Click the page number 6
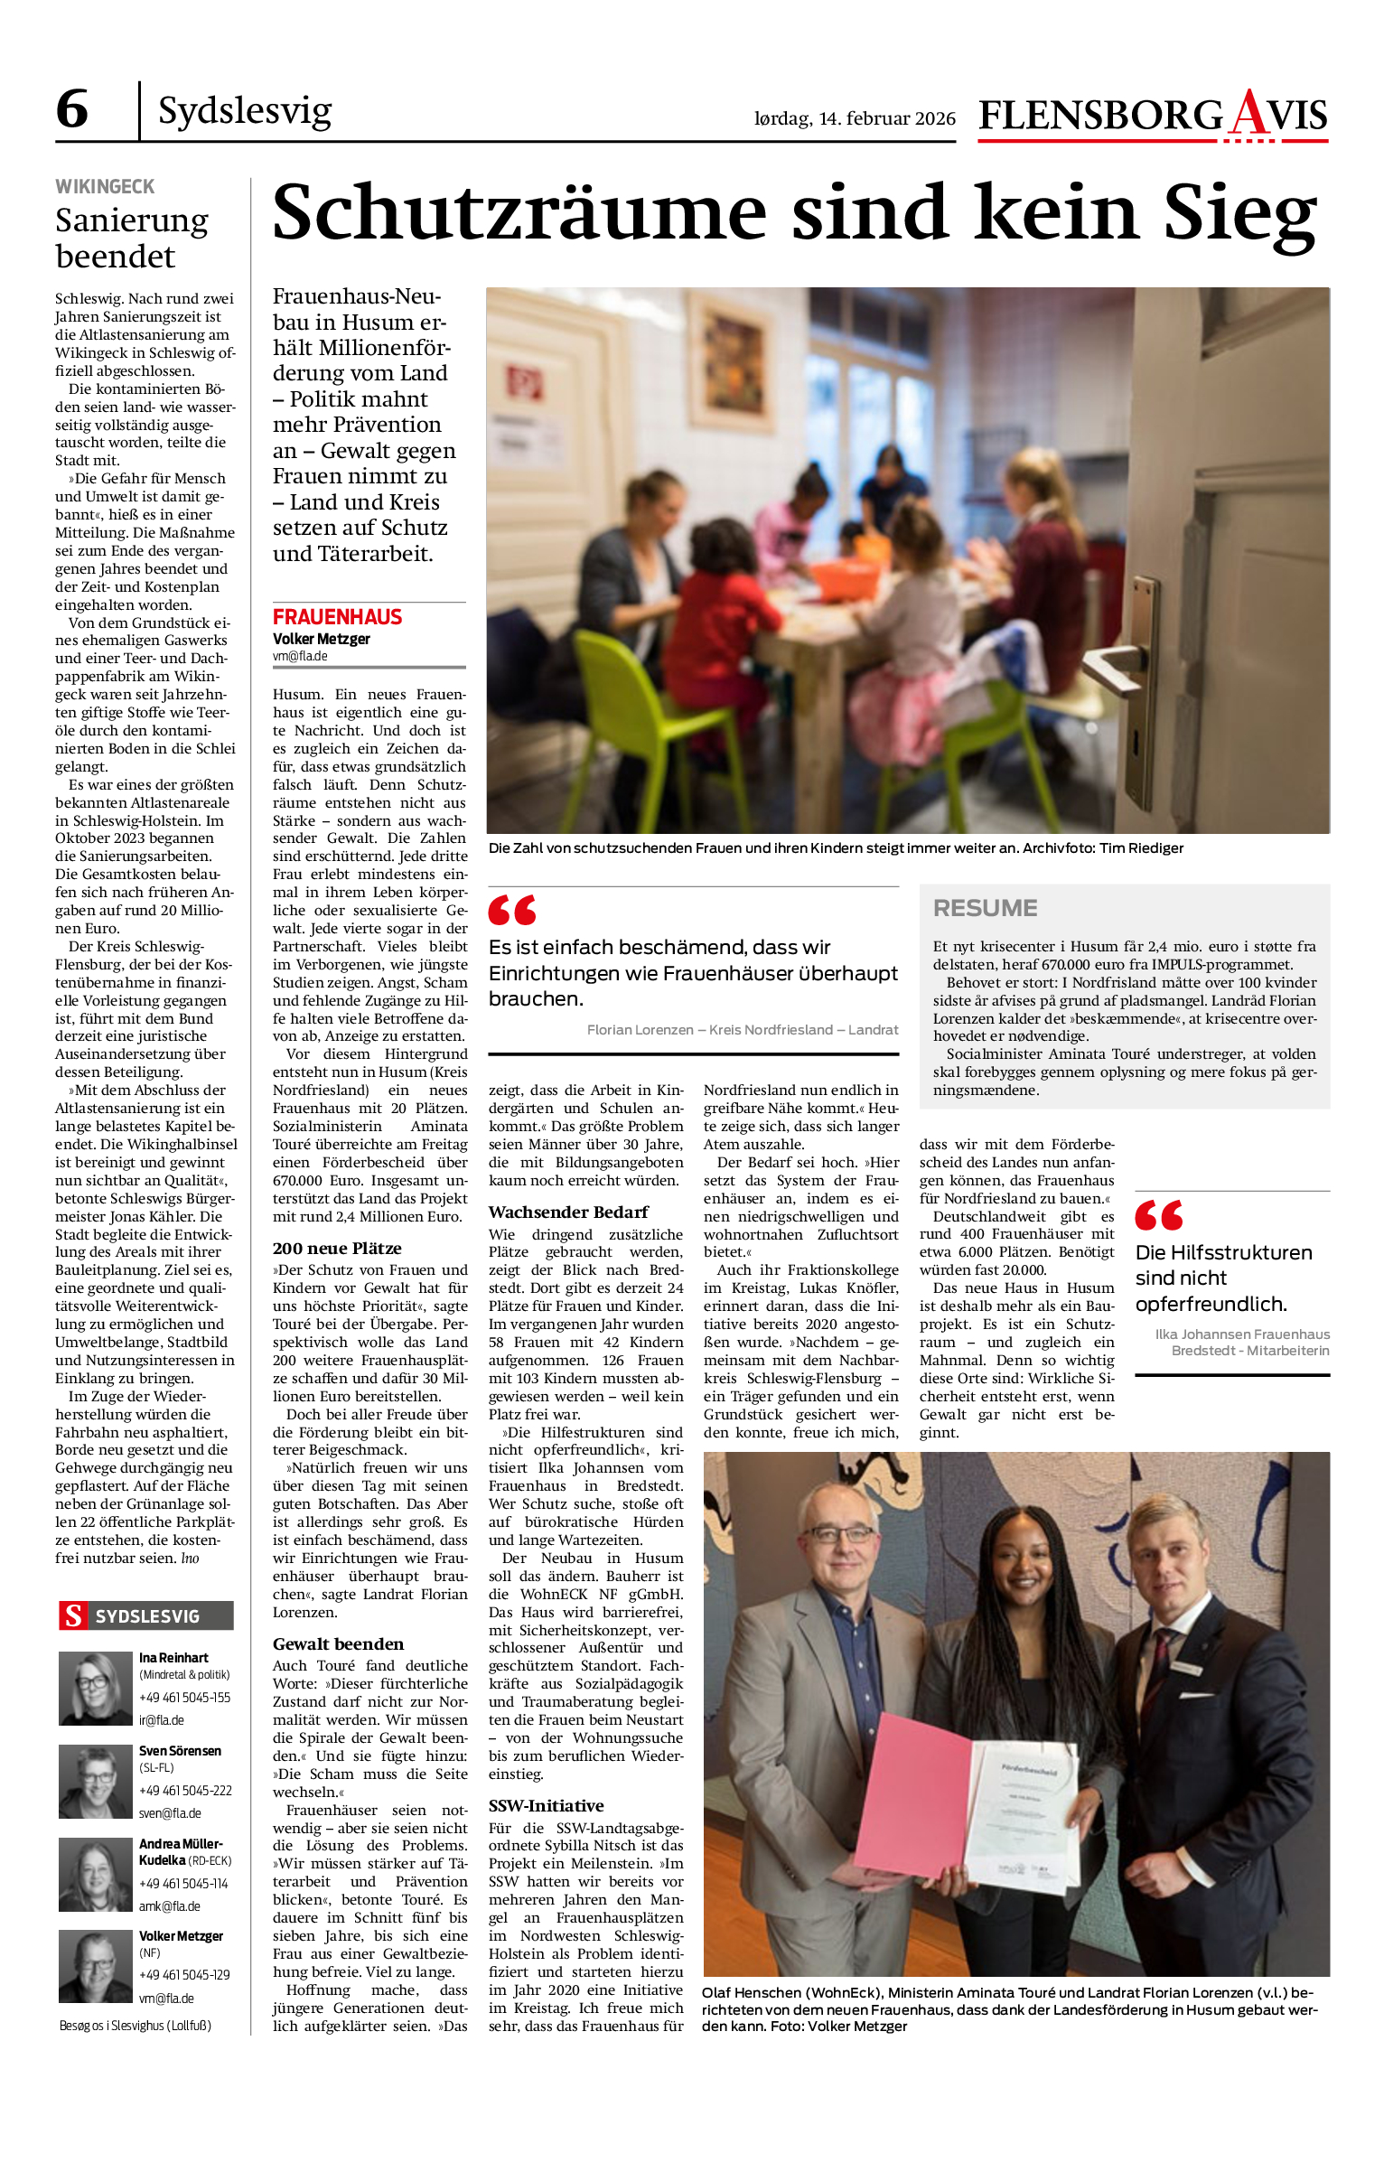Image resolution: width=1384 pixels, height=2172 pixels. click(72, 109)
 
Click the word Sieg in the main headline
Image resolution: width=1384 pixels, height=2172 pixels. click(1239, 213)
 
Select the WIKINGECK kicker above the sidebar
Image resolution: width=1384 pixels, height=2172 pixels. click(105, 187)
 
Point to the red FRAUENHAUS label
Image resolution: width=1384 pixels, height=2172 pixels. click(337, 617)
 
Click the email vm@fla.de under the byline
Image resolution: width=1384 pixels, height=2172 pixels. click(300, 657)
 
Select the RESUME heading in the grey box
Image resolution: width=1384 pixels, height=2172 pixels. click(985, 908)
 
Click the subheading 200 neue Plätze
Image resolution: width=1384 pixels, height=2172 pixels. click(337, 1249)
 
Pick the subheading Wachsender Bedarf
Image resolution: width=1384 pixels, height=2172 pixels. click(568, 1212)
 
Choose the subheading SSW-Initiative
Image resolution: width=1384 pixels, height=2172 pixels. click(546, 1806)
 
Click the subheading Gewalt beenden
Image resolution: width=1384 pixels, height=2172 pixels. click(338, 1644)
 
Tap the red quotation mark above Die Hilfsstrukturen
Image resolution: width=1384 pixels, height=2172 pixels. click(1158, 1216)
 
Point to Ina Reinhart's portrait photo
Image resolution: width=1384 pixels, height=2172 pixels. click(95, 1689)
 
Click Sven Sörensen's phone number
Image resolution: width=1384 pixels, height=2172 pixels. click(185, 1791)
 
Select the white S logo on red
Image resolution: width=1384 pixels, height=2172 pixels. click(73, 1616)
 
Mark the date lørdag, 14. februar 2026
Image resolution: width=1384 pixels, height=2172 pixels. click(855, 118)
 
